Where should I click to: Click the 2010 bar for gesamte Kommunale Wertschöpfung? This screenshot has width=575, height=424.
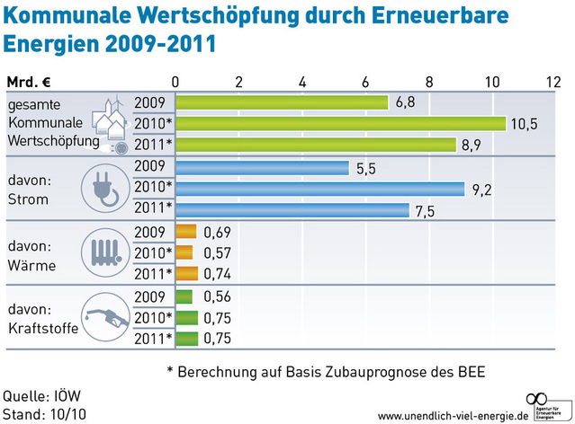point(340,123)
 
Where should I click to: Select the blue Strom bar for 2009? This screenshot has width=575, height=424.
point(262,167)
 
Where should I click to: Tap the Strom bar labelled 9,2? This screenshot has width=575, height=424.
point(319,189)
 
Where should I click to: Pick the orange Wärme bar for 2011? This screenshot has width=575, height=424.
point(186,274)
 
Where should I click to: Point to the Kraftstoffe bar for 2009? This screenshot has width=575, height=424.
point(184,296)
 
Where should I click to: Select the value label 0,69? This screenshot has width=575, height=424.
point(219,232)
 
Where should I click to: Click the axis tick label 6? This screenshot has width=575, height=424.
point(366,81)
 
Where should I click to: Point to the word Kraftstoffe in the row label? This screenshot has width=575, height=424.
point(42,328)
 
